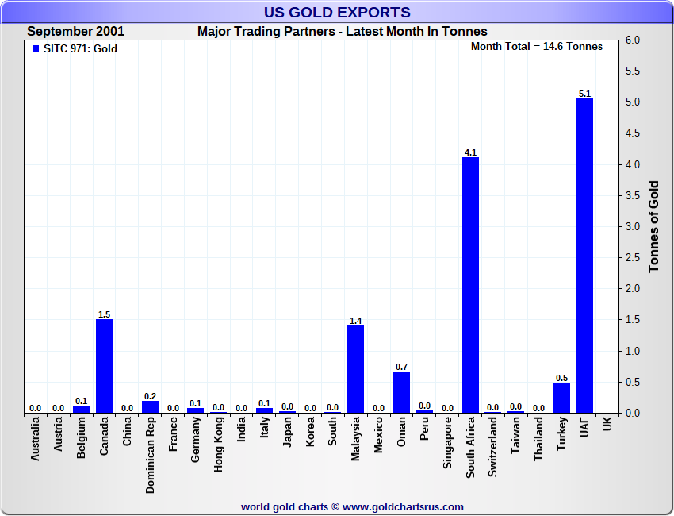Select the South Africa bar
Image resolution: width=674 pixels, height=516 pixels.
click(x=470, y=285)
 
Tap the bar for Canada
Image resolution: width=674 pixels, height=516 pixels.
click(x=104, y=366)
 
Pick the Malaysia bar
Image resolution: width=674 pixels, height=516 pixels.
click(x=356, y=369)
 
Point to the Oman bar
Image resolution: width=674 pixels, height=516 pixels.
click(x=401, y=392)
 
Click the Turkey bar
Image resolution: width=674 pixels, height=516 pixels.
click(x=561, y=398)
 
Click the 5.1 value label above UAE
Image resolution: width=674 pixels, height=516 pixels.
click(x=585, y=94)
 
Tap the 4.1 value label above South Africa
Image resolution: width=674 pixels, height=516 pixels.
click(x=470, y=152)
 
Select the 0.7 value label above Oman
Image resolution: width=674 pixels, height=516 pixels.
click(x=401, y=367)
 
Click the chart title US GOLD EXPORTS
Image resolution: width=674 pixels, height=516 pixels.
click(x=337, y=12)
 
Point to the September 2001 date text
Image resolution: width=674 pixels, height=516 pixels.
click(x=75, y=32)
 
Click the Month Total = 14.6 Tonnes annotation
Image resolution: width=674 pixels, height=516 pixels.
click(x=537, y=46)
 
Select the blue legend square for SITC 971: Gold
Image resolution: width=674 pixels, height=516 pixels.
click(x=35, y=48)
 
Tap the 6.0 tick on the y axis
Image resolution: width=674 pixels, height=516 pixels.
click(x=634, y=40)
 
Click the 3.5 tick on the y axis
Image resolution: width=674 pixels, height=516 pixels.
click(x=634, y=196)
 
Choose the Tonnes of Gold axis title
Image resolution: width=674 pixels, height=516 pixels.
click(x=654, y=227)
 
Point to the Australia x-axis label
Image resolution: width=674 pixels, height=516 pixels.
click(x=36, y=440)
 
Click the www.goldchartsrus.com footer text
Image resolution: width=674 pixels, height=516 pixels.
click(x=352, y=506)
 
